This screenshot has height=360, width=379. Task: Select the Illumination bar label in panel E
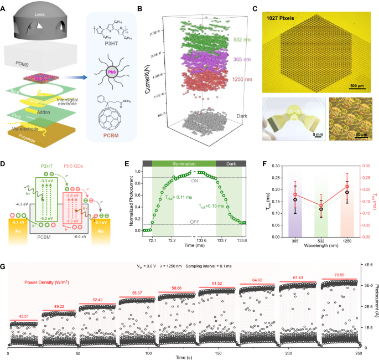coord(183,163)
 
